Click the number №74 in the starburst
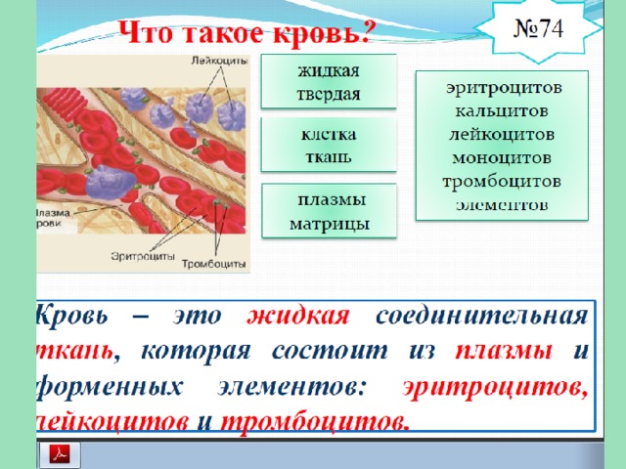pos(538,28)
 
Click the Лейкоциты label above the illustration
pos(219,61)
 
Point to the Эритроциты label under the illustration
pos(143,256)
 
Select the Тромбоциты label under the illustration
pos(213,264)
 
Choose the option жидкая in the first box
pos(329,70)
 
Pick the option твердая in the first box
pos(329,94)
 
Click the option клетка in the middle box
pos(329,135)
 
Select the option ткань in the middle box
pos(329,156)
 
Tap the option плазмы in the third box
pos(332,199)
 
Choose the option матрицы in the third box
pos(330,224)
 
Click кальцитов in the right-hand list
pos(502,110)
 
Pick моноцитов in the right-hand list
pos(502,158)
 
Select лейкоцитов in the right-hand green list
pos(502,135)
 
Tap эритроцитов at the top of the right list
pos(504,88)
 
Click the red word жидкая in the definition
pos(298,316)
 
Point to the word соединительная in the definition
pos(482,316)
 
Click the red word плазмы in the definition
pos(504,351)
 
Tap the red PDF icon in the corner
pos(60,453)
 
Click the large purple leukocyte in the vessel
pos(110,183)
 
